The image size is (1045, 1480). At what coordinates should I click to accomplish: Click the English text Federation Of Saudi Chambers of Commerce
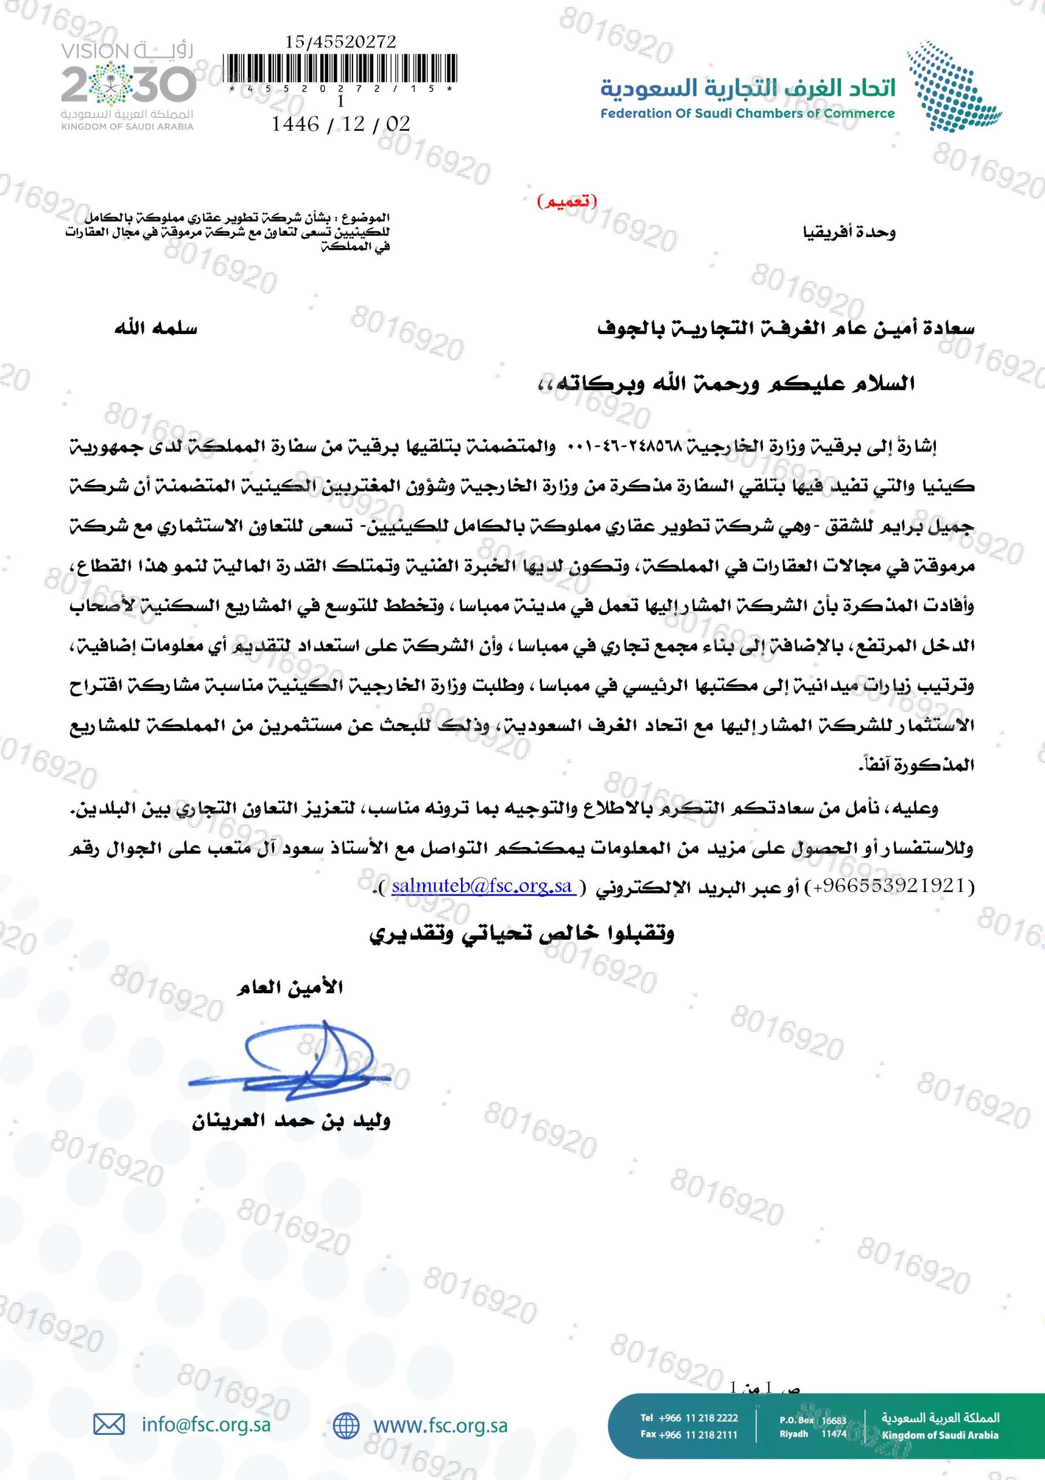748,114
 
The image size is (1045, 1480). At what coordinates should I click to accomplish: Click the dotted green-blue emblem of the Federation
955,85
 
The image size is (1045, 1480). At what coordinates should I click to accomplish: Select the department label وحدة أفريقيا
849,232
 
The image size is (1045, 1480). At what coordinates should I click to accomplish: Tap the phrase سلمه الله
155,329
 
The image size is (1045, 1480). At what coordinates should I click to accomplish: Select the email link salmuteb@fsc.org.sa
482,886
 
